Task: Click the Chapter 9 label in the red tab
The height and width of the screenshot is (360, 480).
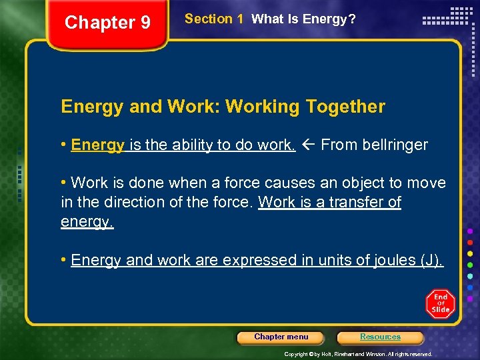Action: pyautogui.click(x=107, y=23)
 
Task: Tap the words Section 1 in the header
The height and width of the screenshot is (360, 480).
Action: pyautogui.click(x=213, y=19)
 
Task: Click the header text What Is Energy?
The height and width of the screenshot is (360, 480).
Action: pyautogui.click(x=303, y=19)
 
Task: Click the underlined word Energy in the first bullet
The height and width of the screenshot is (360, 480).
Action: pyautogui.click(x=97, y=145)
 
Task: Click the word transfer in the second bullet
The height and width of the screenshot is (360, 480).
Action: pyautogui.click(x=351, y=202)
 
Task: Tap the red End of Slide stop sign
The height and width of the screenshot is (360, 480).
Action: pyautogui.click(x=440, y=304)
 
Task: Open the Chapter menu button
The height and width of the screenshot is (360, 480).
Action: pyautogui.click(x=281, y=337)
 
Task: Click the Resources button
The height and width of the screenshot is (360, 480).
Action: pyautogui.click(x=380, y=337)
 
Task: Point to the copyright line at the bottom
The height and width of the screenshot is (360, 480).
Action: pyautogui.click(x=358, y=354)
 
